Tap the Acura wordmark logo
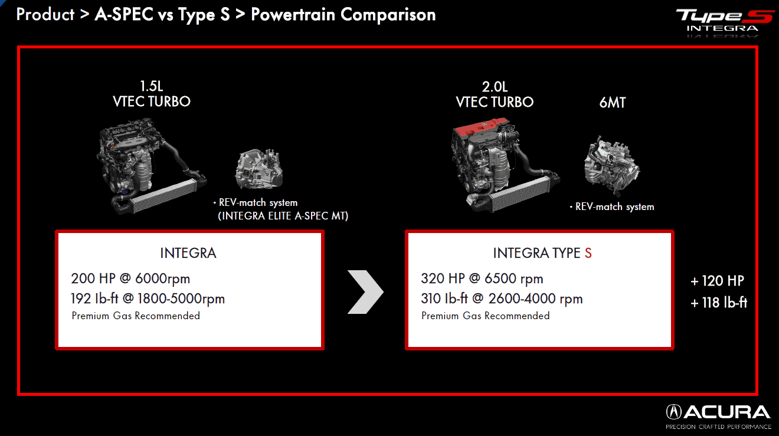coord(718,412)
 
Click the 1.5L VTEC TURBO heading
coord(152,94)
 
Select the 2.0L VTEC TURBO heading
coord(495,94)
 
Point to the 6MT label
coord(613,103)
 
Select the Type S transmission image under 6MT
coord(612,166)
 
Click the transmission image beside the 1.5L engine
coord(259,169)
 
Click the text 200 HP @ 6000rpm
coord(130,278)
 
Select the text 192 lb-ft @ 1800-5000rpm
coord(148,299)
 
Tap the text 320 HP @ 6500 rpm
coord(482,278)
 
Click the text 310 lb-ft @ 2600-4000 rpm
coord(502,299)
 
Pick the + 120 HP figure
coord(718,281)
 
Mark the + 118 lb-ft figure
coord(719,303)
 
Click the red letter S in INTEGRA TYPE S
coord(588,253)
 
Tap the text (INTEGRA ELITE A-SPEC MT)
coord(283,216)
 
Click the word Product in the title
coord(45,15)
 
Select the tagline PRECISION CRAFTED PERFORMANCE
coord(718,427)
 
